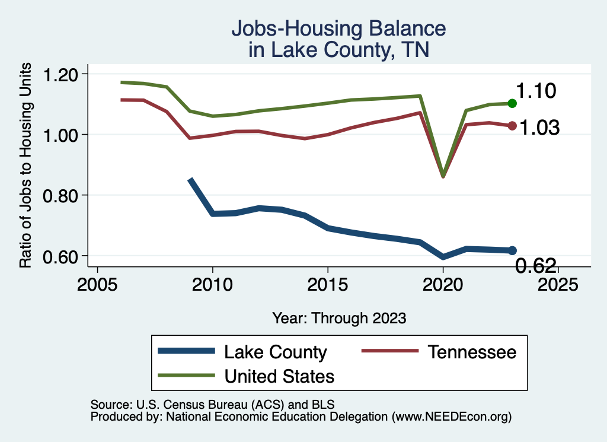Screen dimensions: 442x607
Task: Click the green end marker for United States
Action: coord(512,103)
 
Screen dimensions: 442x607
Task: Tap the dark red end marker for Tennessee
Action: coord(512,126)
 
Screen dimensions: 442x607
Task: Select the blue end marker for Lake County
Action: coord(512,250)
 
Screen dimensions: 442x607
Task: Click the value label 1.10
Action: coord(535,91)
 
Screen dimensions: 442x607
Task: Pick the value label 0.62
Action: coord(535,266)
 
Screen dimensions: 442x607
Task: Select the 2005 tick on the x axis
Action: coord(97,284)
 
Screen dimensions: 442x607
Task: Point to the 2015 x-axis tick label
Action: coord(328,284)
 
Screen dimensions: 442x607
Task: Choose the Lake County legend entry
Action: coord(275,352)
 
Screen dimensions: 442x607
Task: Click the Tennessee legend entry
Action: coord(472,352)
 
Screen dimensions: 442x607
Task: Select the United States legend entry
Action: coord(279,376)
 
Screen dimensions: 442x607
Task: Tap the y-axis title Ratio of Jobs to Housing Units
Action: coord(26,173)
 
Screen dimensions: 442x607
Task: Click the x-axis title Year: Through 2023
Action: coord(339,318)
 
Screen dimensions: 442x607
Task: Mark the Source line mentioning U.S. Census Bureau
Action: coord(212,405)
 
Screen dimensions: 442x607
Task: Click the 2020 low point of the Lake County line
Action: coord(443,257)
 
